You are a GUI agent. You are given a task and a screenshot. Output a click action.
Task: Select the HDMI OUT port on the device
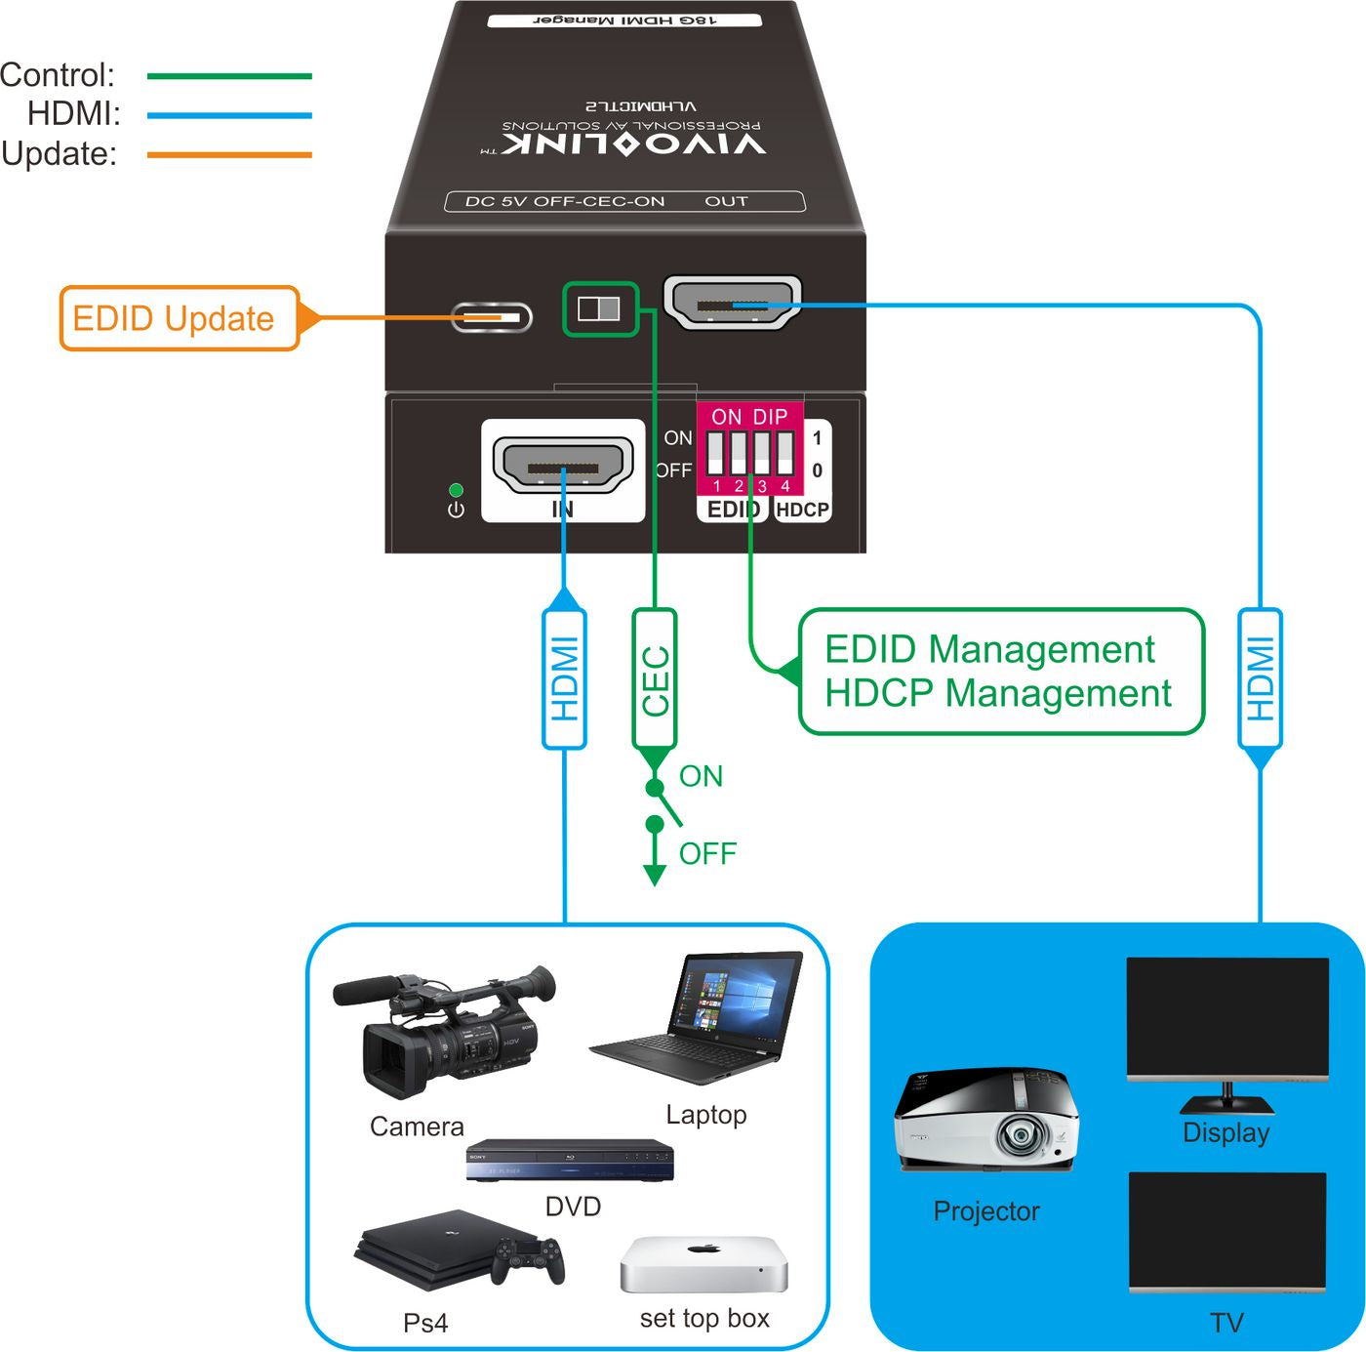click(x=732, y=303)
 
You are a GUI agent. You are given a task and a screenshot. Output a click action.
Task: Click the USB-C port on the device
click(x=492, y=317)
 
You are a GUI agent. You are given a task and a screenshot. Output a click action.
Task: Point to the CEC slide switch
click(x=599, y=309)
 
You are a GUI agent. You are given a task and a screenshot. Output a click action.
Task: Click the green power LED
click(x=456, y=490)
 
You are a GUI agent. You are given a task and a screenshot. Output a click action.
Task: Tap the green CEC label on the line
click(x=655, y=679)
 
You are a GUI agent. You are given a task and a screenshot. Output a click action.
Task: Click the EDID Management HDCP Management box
click(x=1000, y=672)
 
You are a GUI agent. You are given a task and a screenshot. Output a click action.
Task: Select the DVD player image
click(x=570, y=1161)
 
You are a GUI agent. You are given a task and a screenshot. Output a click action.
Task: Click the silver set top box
click(x=703, y=1265)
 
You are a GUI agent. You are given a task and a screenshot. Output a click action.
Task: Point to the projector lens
click(x=1021, y=1135)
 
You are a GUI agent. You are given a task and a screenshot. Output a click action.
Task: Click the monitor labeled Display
click(x=1227, y=1020)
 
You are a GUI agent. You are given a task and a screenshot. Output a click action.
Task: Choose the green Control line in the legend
click(x=229, y=75)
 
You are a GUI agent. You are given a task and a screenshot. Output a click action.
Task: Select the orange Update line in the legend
click(x=229, y=154)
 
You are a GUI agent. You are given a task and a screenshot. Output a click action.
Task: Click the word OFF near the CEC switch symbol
click(x=707, y=854)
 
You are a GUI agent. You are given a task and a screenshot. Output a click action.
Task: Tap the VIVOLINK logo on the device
click(x=634, y=143)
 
